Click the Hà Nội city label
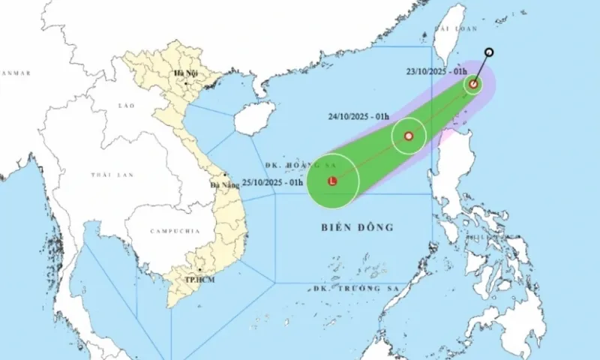pyautogui.click(x=184, y=73)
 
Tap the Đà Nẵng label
pyautogui.click(x=224, y=184)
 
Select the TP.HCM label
pyautogui.click(x=197, y=279)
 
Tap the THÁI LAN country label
pyautogui.click(x=112, y=174)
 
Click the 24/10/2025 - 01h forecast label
pyautogui.click(x=359, y=116)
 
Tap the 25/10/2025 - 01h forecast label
pyautogui.click(x=273, y=181)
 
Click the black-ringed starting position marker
pyautogui.click(x=489, y=52)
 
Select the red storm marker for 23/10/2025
pyautogui.click(x=473, y=84)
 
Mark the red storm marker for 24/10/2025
pyautogui.click(x=409, y=136)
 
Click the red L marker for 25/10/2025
pyautogui.click(x=332, y=180)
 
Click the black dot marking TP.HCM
pyautogui.click(x=199, y=270)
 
